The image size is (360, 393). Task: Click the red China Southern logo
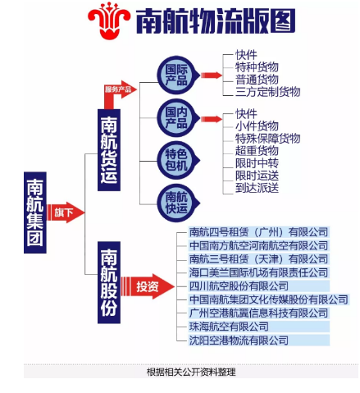[109, 21]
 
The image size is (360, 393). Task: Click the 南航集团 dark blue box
[35, 212]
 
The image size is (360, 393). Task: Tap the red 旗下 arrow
[66, 212]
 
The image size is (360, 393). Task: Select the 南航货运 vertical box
[109, 150]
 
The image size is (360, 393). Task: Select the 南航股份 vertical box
[109, 282]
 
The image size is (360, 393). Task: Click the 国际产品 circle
[178, 75]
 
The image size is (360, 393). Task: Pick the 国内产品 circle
[178, 118]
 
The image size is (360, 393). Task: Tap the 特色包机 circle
[178, 160]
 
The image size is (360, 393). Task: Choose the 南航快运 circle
[178, 203]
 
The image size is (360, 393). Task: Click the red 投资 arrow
[148, 286]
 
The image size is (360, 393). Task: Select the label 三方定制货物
[267, 92]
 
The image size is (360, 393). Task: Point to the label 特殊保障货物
[267, 138]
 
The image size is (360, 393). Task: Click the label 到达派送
[257, 188]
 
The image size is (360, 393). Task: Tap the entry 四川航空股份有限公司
[239, 286]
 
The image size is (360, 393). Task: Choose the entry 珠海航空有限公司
[229, 327]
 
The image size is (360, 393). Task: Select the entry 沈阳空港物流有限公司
[239, 340]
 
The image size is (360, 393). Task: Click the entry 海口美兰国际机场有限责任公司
[258, 272]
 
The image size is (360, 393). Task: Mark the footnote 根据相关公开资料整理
[191, 372]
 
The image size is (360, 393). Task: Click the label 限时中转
[257, 163]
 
